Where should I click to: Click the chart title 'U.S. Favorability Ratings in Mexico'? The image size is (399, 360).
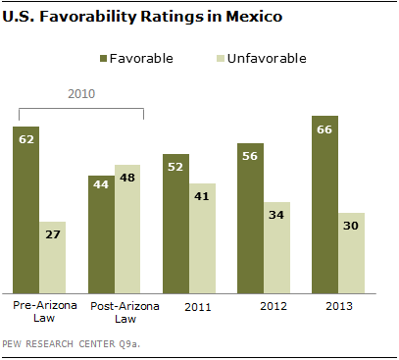[x=142, y=17]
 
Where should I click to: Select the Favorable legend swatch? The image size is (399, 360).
[x=103, y=59]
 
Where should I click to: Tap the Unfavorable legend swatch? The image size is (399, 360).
[x=221, y=59]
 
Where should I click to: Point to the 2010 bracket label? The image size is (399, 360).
[x=81, y=94]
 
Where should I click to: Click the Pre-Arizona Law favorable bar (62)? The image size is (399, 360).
[x=26, y=210]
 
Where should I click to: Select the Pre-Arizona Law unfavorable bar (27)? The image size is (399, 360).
[x=53, y=258]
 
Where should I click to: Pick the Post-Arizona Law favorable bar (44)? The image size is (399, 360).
[x=101, y=234]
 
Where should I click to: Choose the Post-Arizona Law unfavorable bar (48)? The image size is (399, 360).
[x=127, y=229]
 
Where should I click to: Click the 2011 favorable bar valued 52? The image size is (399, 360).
[x=176, y=224]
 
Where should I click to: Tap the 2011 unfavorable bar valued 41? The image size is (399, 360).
[x=202, y=238]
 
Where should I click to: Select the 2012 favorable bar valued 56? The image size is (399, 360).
[x=251, y=218]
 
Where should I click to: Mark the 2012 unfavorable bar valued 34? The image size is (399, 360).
[x=277, y=247]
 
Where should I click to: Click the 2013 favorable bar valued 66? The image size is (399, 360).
[x=325, y=205]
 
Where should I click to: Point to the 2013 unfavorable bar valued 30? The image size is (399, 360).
[x=352, y=253]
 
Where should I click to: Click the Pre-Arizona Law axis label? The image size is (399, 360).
[x=45, y=311]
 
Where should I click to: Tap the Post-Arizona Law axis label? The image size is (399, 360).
[x=125, y=312]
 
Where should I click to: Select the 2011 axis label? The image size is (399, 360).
[x=198, y=307]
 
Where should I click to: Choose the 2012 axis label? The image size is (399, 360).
[x=274, y=306]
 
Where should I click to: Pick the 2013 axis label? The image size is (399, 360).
[x=339, y=306]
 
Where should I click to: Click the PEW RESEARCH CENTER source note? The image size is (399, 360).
[x=71, y=344]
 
